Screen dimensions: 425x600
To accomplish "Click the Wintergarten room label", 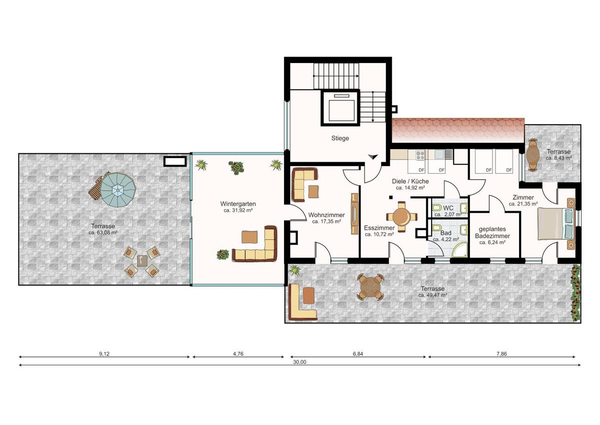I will (x=238, y=204).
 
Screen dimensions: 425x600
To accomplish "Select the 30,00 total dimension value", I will (x=300, y=361).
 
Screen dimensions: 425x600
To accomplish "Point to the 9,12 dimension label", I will (x=104, y=353).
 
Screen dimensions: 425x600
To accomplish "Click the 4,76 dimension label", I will (x=238, y=353).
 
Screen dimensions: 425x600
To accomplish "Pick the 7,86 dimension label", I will (x=501, y=353).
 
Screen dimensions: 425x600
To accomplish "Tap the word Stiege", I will (x=340, y=138).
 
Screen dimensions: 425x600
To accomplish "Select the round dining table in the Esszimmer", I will (x=401, y=217).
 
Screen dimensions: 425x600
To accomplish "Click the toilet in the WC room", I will (x=436, y=207).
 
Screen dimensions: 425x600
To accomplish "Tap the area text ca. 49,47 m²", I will (x=432, y=295).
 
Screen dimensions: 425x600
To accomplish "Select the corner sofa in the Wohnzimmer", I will (x=303, y=182).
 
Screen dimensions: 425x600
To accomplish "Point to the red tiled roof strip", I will (x=457, y=130).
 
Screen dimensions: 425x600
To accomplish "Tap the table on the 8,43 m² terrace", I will (x=533, y=155).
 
